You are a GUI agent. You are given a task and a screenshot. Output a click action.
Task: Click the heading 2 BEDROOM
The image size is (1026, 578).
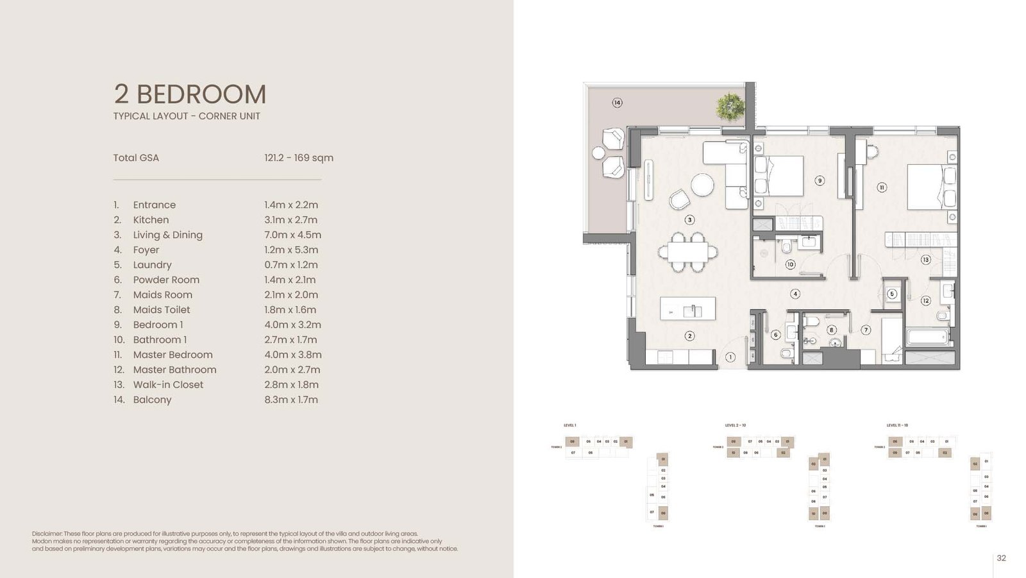pyautogui.click(x=190, y=94)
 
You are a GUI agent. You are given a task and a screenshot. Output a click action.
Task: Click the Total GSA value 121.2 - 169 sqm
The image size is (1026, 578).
pyautogui.click(x=298, y=158)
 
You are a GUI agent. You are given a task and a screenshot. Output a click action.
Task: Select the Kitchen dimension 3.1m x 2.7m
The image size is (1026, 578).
pyautogui.click(x=290, y=220)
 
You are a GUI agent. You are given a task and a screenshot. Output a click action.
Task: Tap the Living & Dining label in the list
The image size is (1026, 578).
pyautogui.click(x=167, y=235)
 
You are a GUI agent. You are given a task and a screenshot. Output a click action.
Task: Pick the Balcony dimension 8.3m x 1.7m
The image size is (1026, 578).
pyautogui.click(x=290, y=400)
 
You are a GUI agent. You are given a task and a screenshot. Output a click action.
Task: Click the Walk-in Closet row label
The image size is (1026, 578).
pyautogui.click(x=167, y=385)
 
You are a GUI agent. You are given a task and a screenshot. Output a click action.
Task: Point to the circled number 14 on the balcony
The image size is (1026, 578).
pyautogui.click(x=617, y=103)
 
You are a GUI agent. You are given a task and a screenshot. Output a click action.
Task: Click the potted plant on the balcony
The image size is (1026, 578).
pyautogui.click(x=730, y=106)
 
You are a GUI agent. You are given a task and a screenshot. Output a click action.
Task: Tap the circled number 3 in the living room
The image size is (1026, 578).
pyautogui.click(x=689, y=219)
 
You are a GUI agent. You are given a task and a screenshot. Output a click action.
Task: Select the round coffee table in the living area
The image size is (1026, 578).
pyautogui.click(x=702, y=185)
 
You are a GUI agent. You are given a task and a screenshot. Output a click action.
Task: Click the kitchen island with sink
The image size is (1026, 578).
pyautogui.click(x=688, y=309)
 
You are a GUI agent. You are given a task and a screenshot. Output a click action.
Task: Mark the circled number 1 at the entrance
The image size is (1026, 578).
pyautogui.click(x=730, y=357)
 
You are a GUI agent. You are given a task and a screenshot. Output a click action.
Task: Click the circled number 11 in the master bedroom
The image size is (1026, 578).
pyautogui.click(x=882, y=187)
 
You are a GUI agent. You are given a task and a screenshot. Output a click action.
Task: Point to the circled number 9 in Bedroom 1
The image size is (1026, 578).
pyautogui.click(x=820, y=181)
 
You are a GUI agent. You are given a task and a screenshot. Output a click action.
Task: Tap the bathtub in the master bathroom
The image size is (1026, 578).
pyautogui.click(x=927, y=336)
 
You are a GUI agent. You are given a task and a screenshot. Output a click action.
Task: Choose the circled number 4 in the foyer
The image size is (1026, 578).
pyautogui.click(x=795, y=294)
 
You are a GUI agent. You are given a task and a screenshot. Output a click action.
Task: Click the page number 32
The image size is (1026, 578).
pyautogui.click(x=1001, y=558)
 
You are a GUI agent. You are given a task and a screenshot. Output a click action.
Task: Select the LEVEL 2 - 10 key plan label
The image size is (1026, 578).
pyautogui.click(x=735, y=425)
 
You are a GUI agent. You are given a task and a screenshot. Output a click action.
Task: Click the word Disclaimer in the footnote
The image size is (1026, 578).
pyautogui.click(x=47, y=534)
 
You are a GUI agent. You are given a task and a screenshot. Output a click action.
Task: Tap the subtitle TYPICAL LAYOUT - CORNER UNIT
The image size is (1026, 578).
pyautogui.click(x=187, y=116)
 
